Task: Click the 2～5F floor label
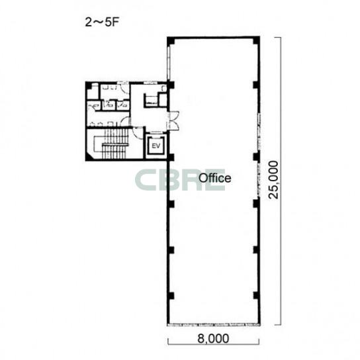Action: [103, 22]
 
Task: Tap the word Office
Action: [214, 178]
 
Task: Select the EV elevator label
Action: [156, 146]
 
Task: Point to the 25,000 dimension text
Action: [273, 180]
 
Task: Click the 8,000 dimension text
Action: [213, 338]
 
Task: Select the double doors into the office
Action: [173, 120]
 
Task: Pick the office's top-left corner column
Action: [171, 41]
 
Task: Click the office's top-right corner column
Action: [257, 40]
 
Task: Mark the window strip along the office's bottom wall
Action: [214, 325]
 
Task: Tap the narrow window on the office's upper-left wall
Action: [168, 62]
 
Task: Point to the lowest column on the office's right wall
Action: [257, 296]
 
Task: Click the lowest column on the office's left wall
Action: [171, 296]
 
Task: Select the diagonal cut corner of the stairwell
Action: [89, 156]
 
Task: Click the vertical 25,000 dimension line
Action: [281, 181]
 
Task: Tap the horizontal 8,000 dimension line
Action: [214, 344]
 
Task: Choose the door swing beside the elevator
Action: [138, 132]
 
